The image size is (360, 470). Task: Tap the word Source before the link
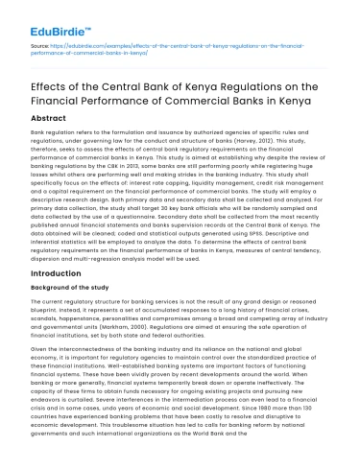(x=42, y=44)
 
